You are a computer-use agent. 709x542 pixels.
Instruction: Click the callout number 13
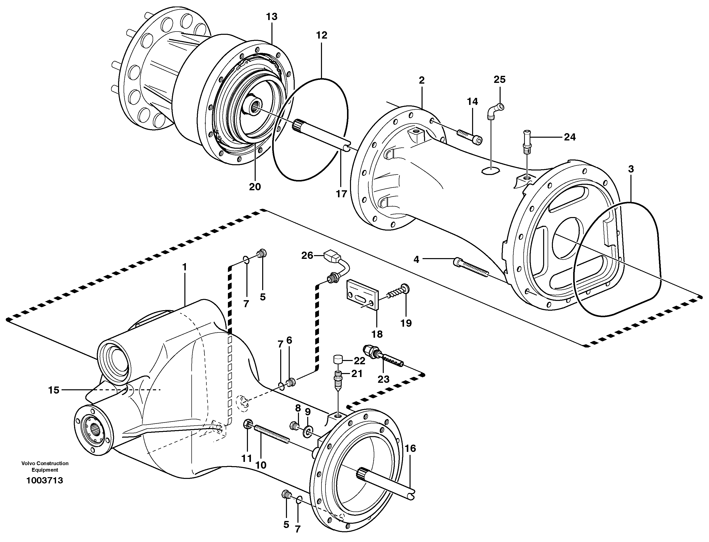(272, 17)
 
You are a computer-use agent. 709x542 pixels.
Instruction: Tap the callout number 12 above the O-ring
(321, 35)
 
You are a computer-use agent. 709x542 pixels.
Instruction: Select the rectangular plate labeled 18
(362, 295)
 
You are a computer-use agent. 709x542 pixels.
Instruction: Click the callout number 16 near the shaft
(410, 448)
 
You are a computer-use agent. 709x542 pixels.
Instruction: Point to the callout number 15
(54, 390)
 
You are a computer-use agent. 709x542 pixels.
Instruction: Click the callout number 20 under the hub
(255, 187)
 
